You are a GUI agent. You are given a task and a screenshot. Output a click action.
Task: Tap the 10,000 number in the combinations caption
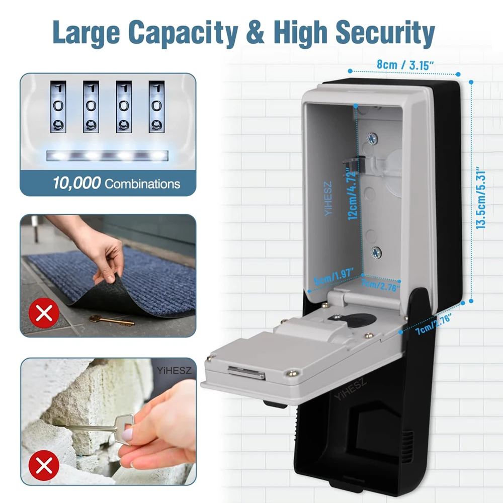tap(76, 183)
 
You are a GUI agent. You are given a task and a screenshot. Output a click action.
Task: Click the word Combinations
tap(142, 184)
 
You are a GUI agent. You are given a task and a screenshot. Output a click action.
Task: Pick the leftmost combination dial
tap(58, 107)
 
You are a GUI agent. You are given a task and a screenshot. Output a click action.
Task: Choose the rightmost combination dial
tap(157, 107)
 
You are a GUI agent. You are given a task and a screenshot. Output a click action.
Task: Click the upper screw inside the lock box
tap(373, 137)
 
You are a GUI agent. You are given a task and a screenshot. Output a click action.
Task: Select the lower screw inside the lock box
tap(376, 251)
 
